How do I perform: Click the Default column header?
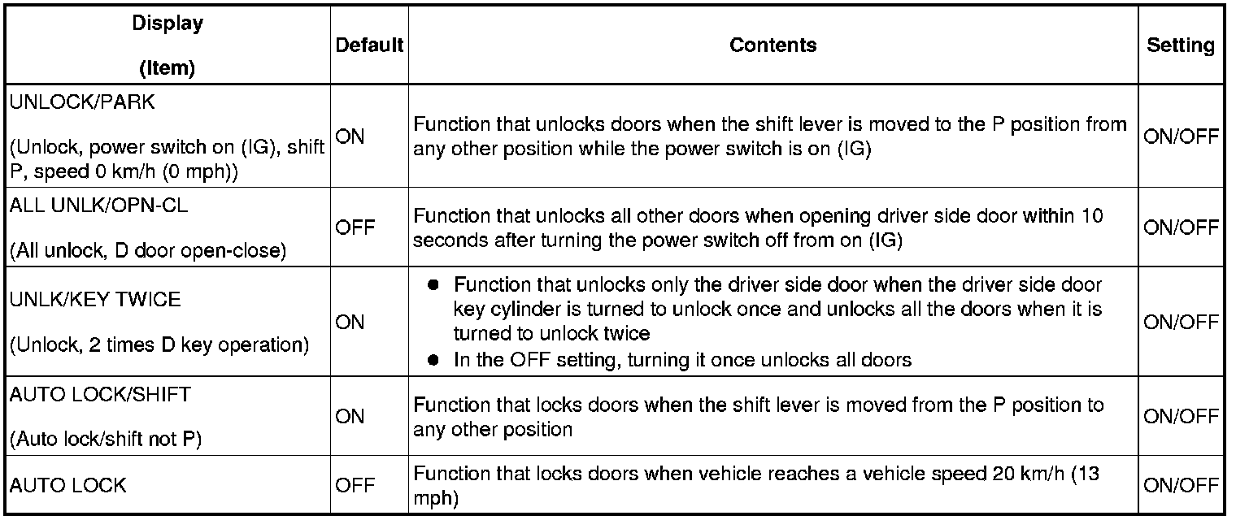pyautogui.click(x=369, y=45)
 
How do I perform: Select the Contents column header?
pyautogui.click(x=772, y=45)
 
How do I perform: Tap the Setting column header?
pyautogui.click(x=1181, y=45)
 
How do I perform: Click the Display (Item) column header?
pyautogui.click(x=167, y=45)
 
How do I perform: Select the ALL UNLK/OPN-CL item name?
pyautogui.click(x=98, y=206)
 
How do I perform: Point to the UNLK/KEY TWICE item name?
pyautogui.click(x=95, y=300)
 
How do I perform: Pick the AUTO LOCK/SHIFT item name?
pyautogui.click(x=100, y=395)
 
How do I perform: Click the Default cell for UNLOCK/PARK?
pyautogui.click(x=350, y=136)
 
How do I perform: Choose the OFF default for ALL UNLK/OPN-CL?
pyautogui.click(x=355, y=228)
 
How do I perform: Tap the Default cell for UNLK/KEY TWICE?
pyautogui.click(x=350, y=323)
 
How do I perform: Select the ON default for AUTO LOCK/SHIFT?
pyautogui.click(x=350, y=417)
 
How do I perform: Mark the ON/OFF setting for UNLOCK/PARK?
pyautogui.click(x=1181, y=136)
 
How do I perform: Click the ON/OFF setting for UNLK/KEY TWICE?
pyautogui.click(x=1181, y=323)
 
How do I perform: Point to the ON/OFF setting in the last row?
pyautogui.click(x=1181, y=485)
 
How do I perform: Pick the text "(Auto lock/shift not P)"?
pyautogui.click(x=106, y=440)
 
